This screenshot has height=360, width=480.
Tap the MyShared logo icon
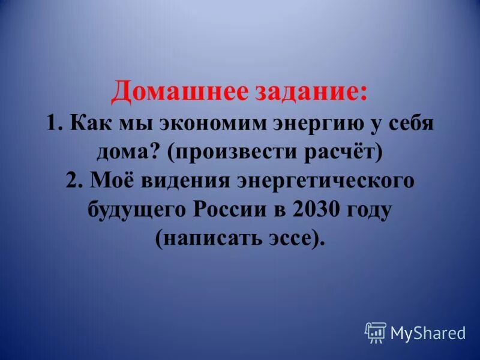[x=375, y=332]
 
